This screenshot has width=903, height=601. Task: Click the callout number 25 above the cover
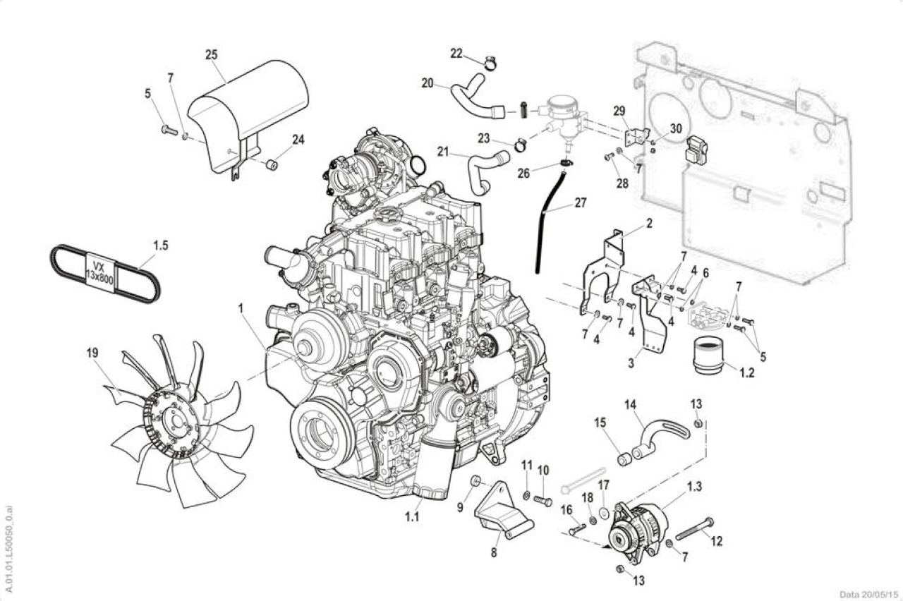click(x=211, y=55)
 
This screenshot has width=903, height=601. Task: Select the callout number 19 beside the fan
click(x=92, y=353)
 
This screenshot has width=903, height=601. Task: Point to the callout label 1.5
click(x=160, y=245)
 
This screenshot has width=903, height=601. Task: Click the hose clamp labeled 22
click(x=490, y=63)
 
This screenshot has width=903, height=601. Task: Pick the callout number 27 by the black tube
click(x=581, y=202)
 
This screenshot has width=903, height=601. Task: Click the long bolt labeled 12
click(x=694, y=529)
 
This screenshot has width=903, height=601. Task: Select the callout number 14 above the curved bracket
click(x=631, y=403)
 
